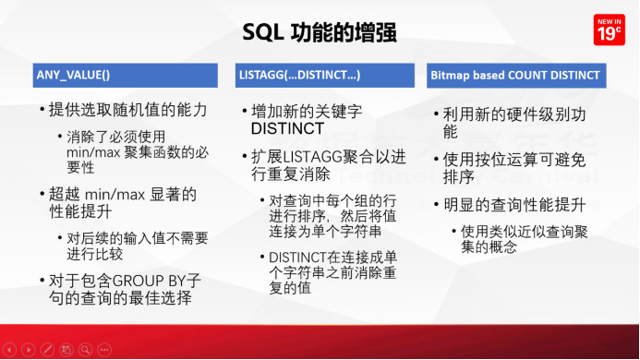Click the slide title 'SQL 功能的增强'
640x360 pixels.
coord(319,33)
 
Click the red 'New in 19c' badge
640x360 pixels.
coord(607,30)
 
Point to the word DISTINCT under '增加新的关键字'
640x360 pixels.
coord(286,128)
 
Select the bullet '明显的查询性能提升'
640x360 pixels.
coord(507,204)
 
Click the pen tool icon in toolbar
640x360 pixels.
coord(47,350)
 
